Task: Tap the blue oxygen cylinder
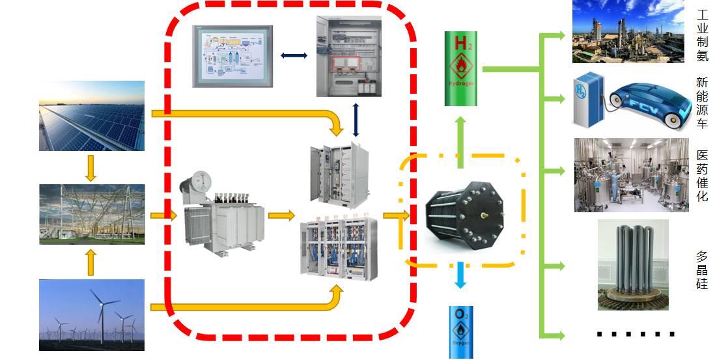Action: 461,332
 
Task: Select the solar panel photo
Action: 91,116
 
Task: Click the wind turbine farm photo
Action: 91,315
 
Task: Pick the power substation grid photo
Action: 91,214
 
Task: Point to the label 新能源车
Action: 702,103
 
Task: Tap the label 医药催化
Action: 702,175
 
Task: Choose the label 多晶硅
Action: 702,270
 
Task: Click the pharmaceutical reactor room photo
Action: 630,174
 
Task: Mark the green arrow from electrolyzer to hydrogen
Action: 460,139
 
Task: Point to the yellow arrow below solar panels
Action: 91,167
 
